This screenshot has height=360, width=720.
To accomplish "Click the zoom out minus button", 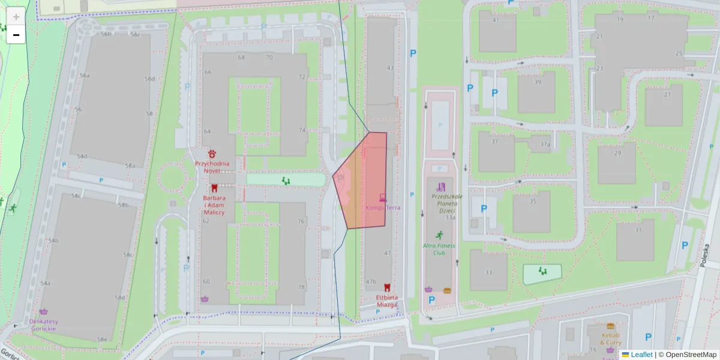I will pyautogui.click(x=16, y=35).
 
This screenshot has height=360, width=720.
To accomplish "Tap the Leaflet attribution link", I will pyautogui.click(x=641, y=355).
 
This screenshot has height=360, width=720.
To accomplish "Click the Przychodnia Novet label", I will pyautogui.click(x=212, y=167).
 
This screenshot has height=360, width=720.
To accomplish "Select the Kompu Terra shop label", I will pyautogui.click(x=383, y=208).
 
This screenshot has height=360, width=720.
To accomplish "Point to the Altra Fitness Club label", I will pyautogui.click(x=439, y=249).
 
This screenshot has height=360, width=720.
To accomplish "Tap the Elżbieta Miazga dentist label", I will pyautogui.click(x=387, y=301).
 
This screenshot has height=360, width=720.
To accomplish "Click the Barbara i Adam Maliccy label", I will pyautogui.click(x=214, y=205).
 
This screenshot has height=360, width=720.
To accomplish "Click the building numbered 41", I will pyautogui.click(x=496, y=20).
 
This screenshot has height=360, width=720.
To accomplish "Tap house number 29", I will pyautogui.click(x=617, y=153).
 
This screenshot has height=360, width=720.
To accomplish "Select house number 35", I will pyautogui.click(x=533, y=202).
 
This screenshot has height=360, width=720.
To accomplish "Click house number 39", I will pyautogui.click(x=537, y=82).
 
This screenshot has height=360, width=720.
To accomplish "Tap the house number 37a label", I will pyautogui.click(x=545, y=145).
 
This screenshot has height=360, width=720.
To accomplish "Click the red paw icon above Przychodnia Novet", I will pyautogui.click(x=212, y=154).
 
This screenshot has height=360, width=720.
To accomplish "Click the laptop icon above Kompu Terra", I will pyautogui.click(x=383, y=197).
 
